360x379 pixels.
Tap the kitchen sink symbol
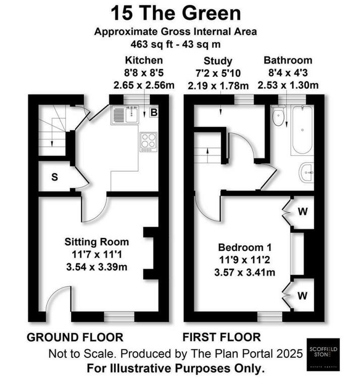click(x=124, y=115)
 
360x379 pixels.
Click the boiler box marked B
click(x=153, y=113)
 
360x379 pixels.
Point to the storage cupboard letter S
click(x=54, y=177)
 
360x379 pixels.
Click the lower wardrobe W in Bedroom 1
click(x=302, y=294)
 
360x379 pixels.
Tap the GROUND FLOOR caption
click(x=75, y=337)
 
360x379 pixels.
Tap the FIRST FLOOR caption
click(x=223, y=337)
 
